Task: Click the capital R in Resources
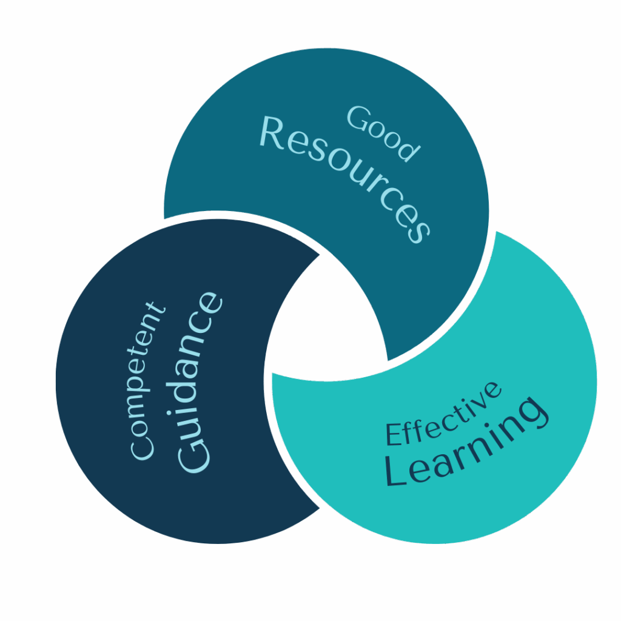pyautogui.click(x=272, y=132)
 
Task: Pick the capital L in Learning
pyautogui.click(x=398, y=472)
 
